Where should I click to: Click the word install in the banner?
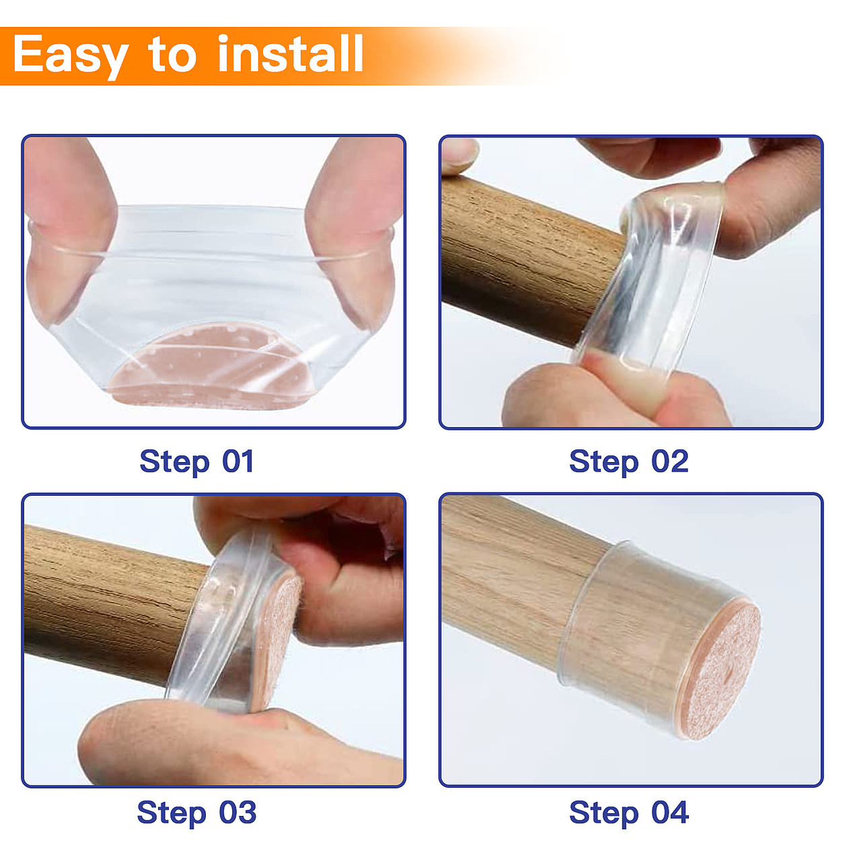(290, 54)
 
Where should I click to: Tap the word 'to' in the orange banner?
(172, 55)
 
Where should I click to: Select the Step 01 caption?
(197, 462)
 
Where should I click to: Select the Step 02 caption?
(629, 462)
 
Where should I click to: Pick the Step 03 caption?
(196, 813)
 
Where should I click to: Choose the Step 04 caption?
(629, 813)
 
